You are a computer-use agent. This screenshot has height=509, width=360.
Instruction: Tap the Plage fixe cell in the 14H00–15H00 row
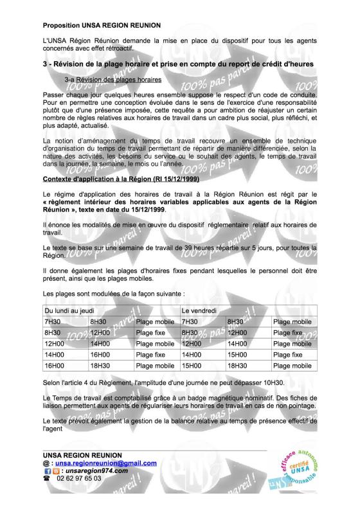point(289,353)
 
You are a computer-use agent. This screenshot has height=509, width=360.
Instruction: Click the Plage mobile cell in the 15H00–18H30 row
point(292,365)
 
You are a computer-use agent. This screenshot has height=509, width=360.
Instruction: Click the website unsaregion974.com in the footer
point(96,470)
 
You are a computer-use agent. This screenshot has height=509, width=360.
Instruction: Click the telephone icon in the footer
point(47,479)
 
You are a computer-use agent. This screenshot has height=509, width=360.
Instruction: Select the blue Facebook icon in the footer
point(46,470)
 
